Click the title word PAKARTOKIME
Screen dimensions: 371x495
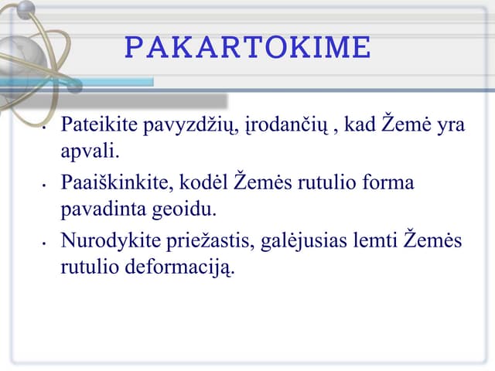247,47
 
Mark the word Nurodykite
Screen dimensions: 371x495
107,243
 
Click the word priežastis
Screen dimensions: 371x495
204,243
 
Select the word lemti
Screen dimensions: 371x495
372,243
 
